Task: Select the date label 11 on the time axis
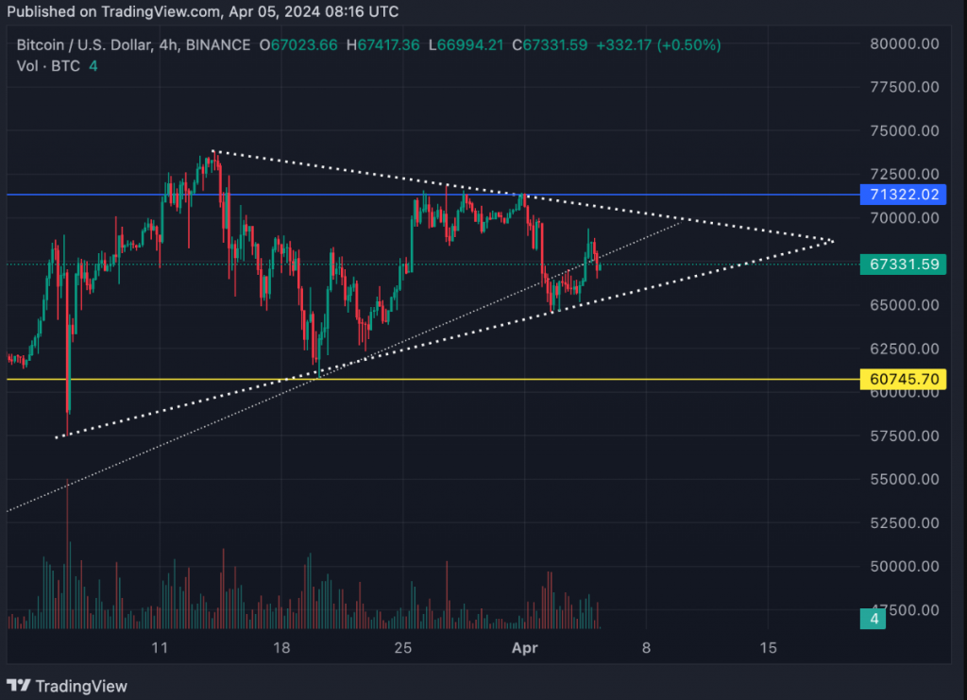tap(160, 648)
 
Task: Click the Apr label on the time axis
tap(524, 648)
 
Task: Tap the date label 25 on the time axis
tap(403, 648)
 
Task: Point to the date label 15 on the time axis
tap(768, 648)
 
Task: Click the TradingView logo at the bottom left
tap(67, 686)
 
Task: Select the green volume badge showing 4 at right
tap(873, 619)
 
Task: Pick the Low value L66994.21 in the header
tap(467, 44)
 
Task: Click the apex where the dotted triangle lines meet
tap(832, 241)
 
